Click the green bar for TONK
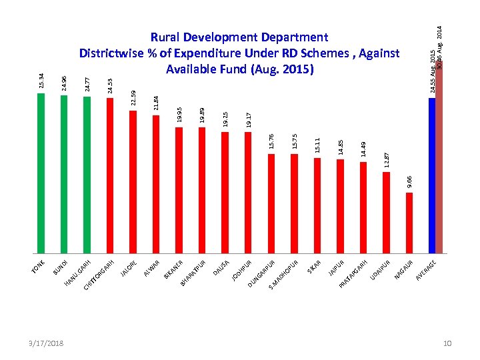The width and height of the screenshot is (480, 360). click(41, 173)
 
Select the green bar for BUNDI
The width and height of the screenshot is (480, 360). click(64, 175)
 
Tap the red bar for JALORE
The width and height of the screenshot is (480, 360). click(133, 182)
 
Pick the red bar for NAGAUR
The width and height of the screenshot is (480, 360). click(409, 223)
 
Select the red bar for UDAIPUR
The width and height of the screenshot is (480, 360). click(386, 213)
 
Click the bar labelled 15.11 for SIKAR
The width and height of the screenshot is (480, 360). click(317, 205)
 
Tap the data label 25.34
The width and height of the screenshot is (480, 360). click(41, 81)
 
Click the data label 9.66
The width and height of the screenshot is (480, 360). click(409, 181)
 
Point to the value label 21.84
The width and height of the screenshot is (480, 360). click(155, 103)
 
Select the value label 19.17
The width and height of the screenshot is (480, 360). click(248, 119)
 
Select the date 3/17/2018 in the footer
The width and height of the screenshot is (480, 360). click(47, 343)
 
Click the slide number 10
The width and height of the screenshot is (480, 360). click(447, 343)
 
